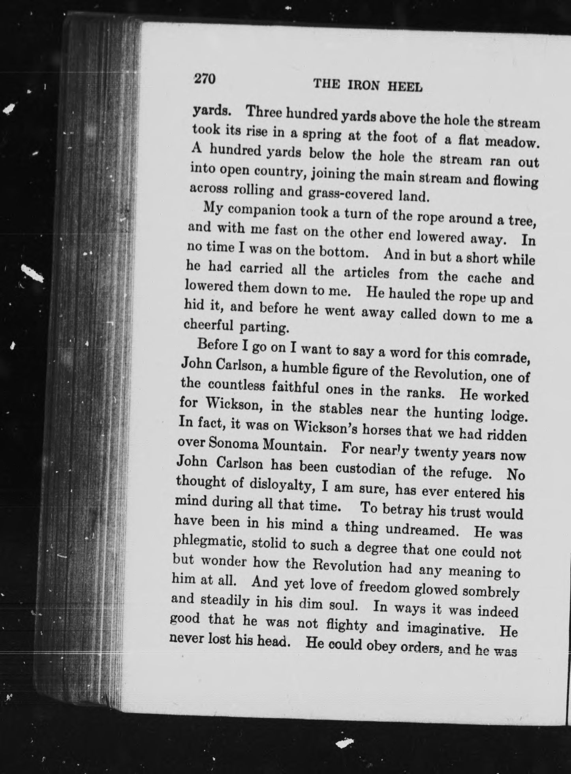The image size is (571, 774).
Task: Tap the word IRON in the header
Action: pyautogui.click(x=364, y=85)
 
